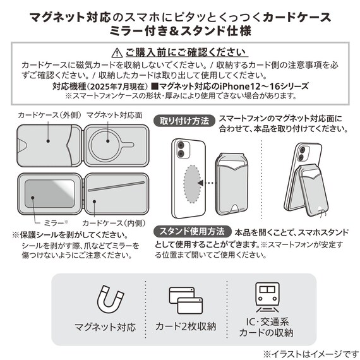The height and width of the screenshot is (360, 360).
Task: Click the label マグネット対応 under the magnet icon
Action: tap(105, 327)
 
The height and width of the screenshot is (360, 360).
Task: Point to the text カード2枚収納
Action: tap(185, 327)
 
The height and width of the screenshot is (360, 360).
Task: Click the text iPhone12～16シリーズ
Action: tap(260, 87)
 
